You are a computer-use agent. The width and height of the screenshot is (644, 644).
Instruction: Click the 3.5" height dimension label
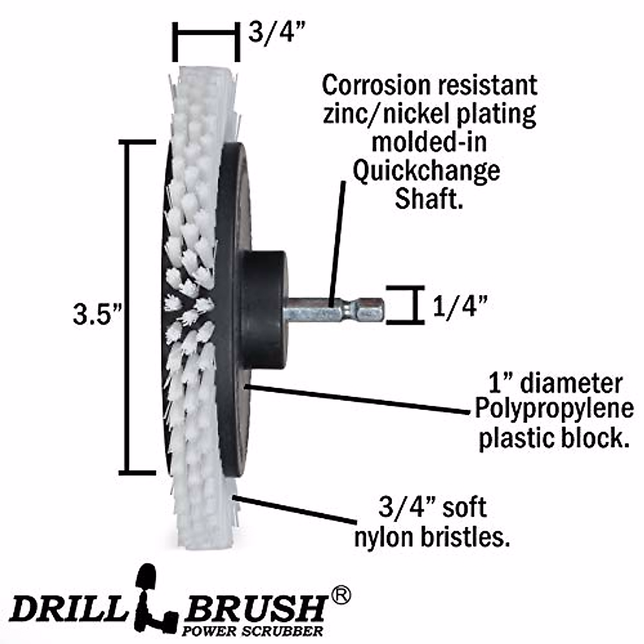tap(95, 315)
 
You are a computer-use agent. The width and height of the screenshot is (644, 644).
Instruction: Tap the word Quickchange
tap(427, 171)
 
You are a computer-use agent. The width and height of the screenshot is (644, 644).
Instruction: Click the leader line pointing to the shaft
tap(337, 241)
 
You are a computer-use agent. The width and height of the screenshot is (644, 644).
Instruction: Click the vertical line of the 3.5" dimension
tap(127, 306)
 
